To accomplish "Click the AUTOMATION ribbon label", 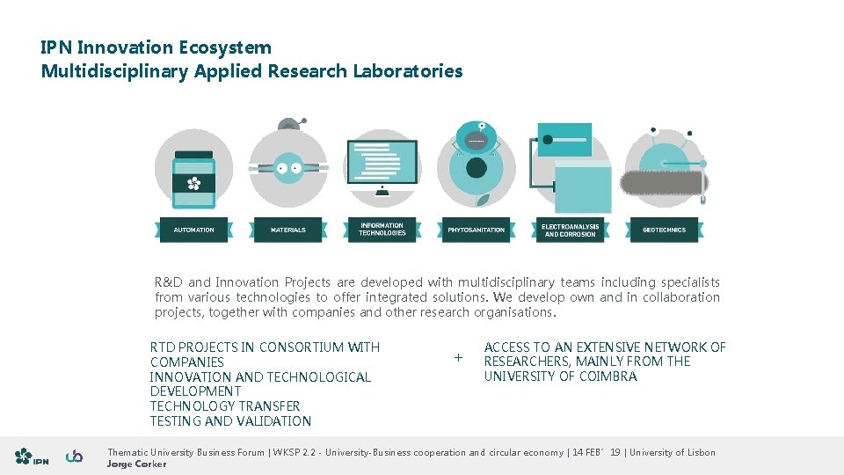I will (193, 230).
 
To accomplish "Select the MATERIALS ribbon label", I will (288, 230).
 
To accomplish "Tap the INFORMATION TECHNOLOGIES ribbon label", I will (382, 230).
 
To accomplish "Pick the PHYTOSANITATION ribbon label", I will (477, 230).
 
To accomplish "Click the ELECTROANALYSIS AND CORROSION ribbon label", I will (571, 230).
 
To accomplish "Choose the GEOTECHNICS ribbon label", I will (665, 230).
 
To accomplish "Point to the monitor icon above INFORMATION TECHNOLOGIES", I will (382, 167).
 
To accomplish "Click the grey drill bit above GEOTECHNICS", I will (664, 184).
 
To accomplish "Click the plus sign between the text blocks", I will (457, 357).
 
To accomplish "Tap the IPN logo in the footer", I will (32, 457).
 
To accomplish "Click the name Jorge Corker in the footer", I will (136, 464).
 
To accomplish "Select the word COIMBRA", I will (608, 376).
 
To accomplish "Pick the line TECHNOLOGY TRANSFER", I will (225, 406).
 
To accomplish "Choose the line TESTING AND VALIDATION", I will (230, 421).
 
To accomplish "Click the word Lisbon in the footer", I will (698, 452).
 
